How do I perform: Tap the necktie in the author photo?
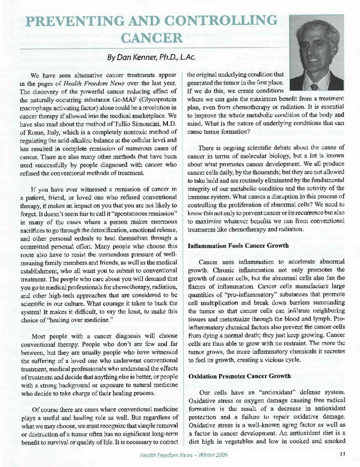point(314,86)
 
